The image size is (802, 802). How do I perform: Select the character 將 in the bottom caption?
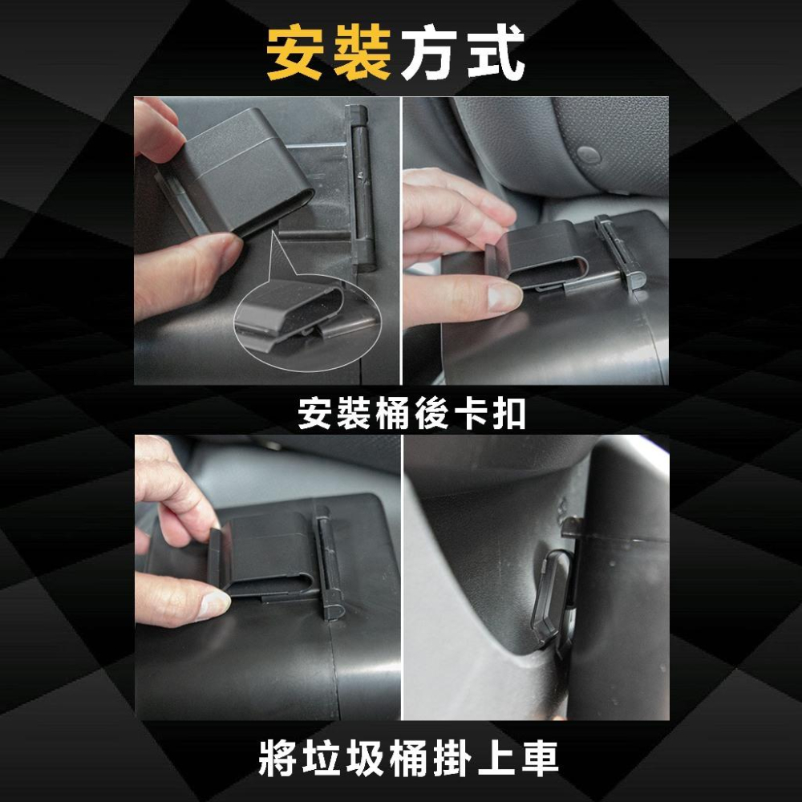tap(277, 758)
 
